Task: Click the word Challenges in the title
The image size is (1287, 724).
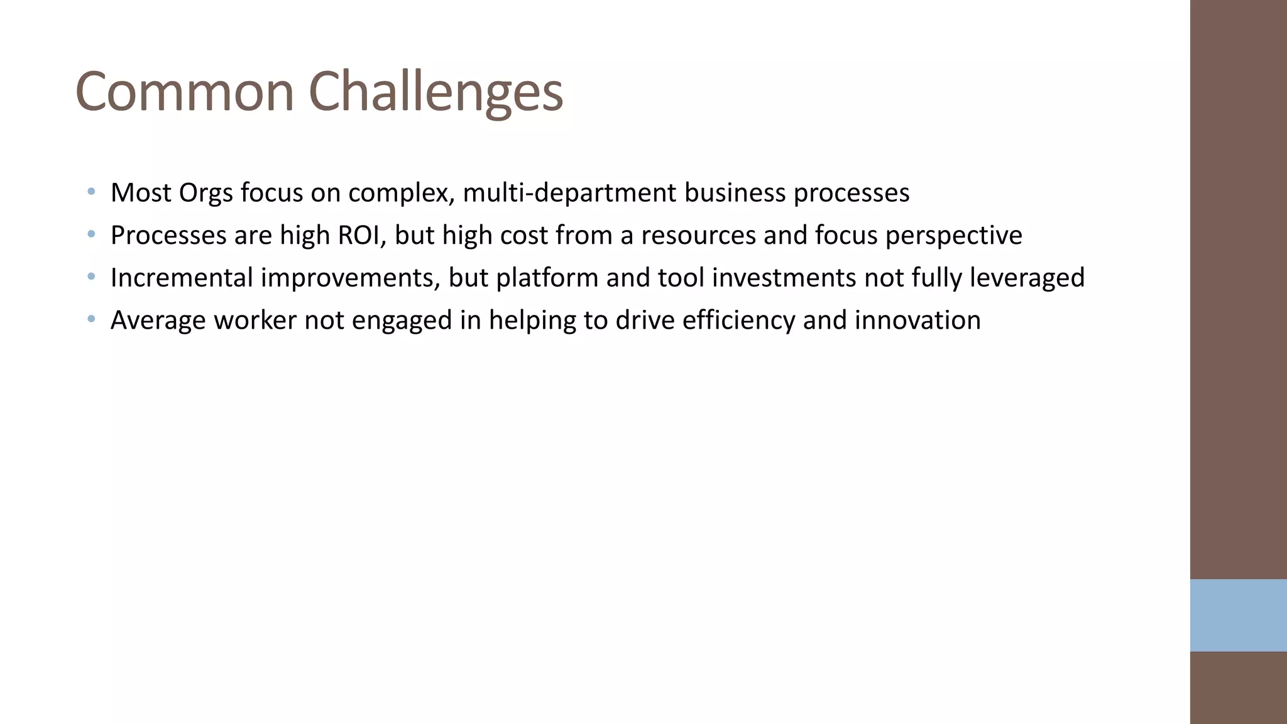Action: (x=435, y=93)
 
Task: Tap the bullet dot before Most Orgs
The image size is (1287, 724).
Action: (x=92, y=191)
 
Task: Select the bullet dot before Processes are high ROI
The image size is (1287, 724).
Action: (x=92, y=234)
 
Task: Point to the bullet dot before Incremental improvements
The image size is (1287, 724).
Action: (x=92, y=277)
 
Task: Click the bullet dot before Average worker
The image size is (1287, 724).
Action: (x=92, y=319)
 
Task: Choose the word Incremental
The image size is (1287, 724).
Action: (x=182, y=278)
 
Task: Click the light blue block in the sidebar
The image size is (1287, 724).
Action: (x=1238, y=615)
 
